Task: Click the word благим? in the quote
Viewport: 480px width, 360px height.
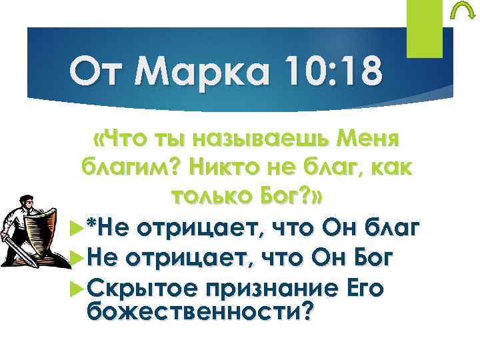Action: click(127, 169)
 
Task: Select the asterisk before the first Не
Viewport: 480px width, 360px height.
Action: click(87, 226)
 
